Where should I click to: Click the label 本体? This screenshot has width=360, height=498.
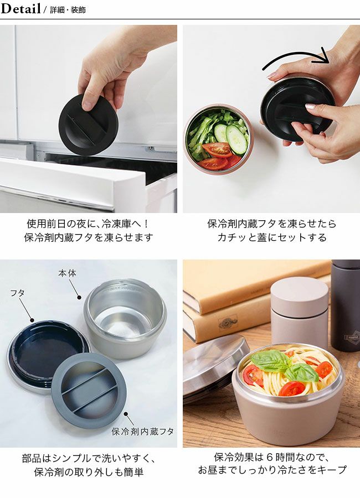[x=67, y=273]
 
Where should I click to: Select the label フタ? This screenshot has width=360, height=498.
[x=17, y=293]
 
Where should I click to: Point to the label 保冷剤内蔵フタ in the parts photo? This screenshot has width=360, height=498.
[x=142, y=431]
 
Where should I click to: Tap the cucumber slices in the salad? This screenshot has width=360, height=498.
[x=231, y=137]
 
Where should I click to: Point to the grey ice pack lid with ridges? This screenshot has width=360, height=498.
[x=89, y=391]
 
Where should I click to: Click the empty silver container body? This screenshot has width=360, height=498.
[x=125, y=318]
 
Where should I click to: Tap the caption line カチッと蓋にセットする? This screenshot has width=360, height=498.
[x=272, y=237]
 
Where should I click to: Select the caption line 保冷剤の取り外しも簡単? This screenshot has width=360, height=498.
[x=89, y=471]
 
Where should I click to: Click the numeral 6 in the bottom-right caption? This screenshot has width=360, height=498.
[x=270, y=458]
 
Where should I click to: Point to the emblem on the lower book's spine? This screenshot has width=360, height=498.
[x=228, y=323]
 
